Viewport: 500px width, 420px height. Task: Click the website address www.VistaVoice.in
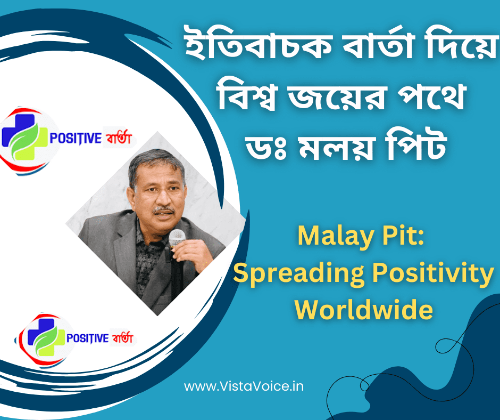pyautogui.click(x=244, y=386)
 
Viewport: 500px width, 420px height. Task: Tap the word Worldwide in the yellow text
pyautogui.click(x=363, y=310)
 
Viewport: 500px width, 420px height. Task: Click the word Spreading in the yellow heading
pyautogui.click(x=298, y=273)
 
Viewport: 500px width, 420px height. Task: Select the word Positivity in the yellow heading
pyautogui.click(x=433, y=273)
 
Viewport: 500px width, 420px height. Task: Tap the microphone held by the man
pyautogui.click(x=177, y=238)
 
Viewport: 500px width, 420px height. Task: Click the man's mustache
pyautogui.click(x=164, y=209)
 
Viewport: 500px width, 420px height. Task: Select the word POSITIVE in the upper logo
pyautogui.click(x=76, y=139)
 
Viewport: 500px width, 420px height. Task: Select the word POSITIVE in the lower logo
pyautogui.click(x=87, y=338)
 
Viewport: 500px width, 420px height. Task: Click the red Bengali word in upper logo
pyautogui.click(x=119, y=138)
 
